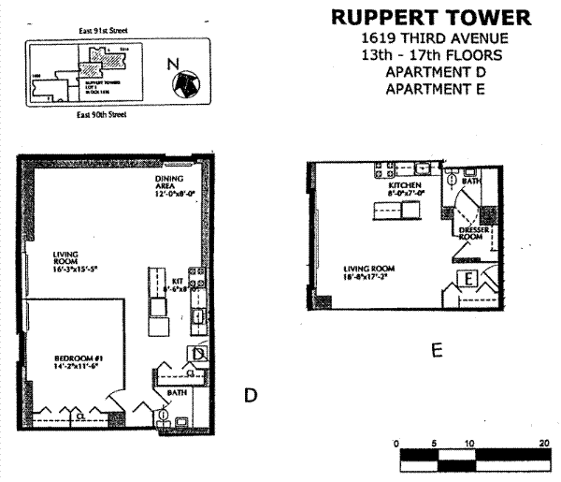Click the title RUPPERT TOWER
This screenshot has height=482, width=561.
pyautogui.click(x=431, y=18)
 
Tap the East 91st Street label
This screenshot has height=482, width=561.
pyautogui.click(x=103, y=31)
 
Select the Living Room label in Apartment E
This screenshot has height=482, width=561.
pyautogui.click(x=367, y=272)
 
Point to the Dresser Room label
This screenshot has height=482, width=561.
pyautogui.click(x=470, y=233)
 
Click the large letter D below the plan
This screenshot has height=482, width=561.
pyautogui.click(x=250, y=396)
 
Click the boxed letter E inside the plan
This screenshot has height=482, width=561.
pyautogui.click(x=468, y=280)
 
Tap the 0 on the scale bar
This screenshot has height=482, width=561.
pyautogui.click(x=396, y=443)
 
